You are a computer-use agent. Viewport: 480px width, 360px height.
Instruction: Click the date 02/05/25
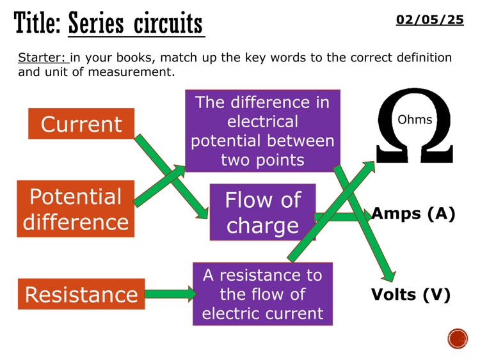430,20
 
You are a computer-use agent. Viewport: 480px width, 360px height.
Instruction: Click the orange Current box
81,124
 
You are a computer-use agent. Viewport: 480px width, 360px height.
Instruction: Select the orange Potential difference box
76,209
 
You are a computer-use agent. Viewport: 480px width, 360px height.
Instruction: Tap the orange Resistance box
81,294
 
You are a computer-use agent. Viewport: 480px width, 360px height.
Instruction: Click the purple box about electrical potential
262,130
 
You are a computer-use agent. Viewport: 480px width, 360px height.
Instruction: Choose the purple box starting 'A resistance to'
262,294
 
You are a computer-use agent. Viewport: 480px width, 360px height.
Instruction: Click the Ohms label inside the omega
415,120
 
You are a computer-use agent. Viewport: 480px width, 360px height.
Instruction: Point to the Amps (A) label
410,214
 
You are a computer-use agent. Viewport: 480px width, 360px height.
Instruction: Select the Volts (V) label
411,295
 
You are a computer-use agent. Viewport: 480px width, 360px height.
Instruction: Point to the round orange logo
458,338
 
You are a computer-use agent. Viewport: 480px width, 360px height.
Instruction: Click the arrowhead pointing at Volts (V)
388,274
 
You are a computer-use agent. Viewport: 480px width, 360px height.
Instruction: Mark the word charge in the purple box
262,226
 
